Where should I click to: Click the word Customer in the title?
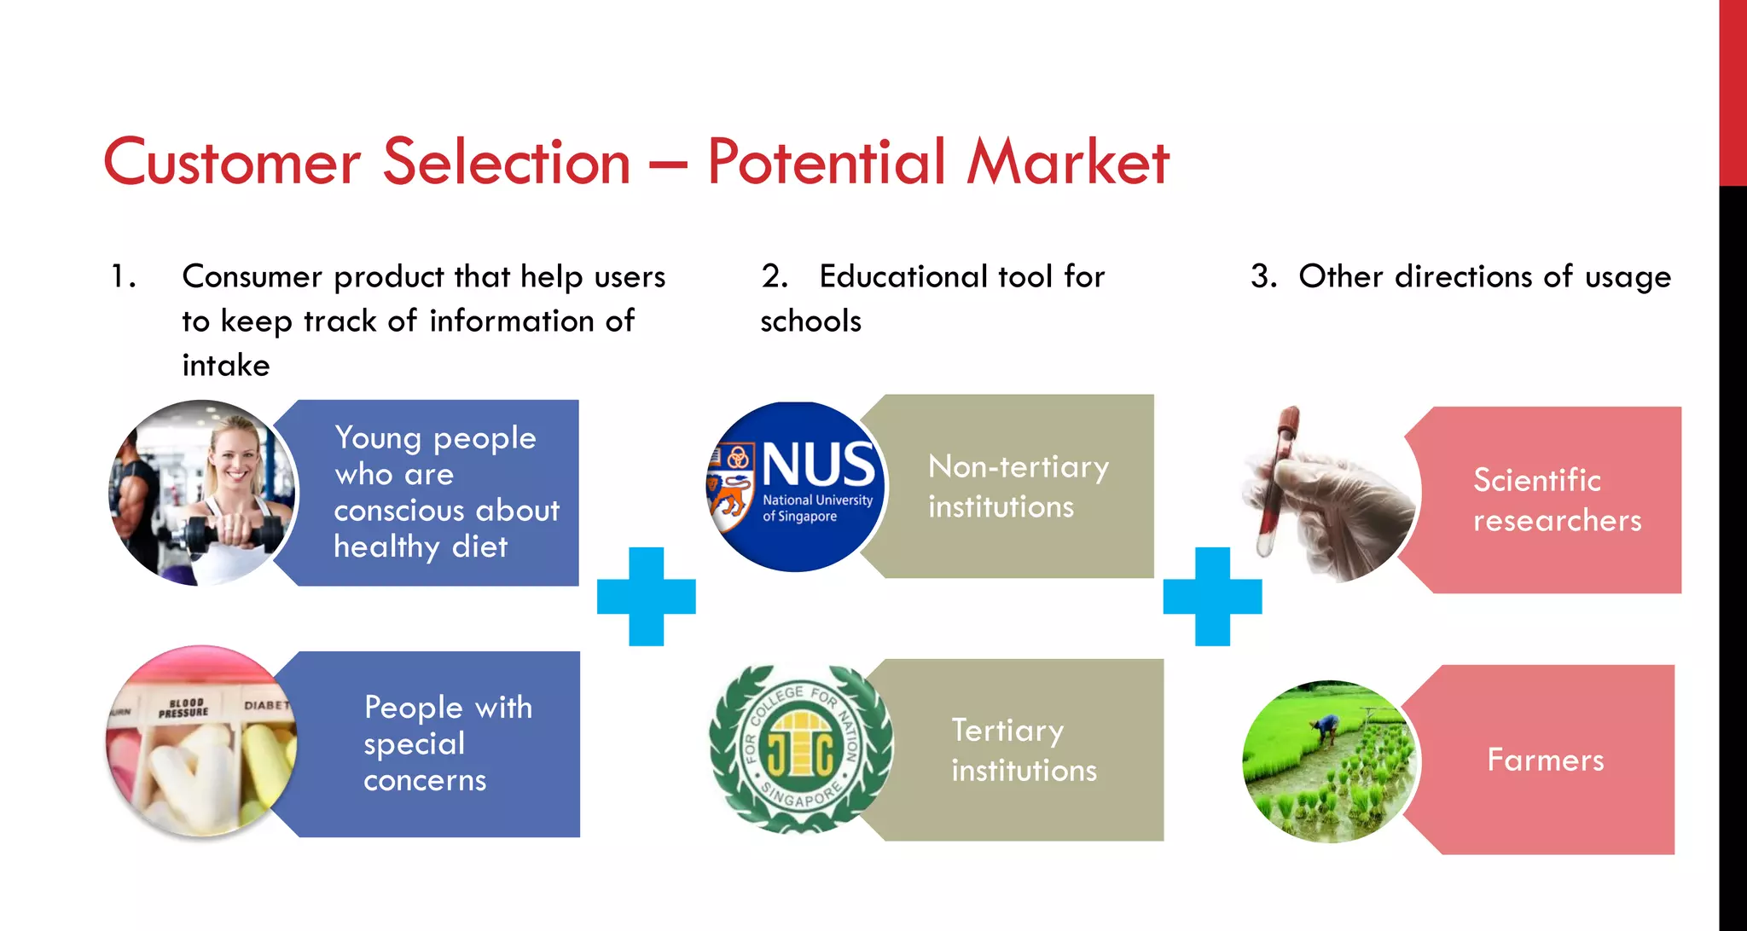pyautogui.click(x=231, y=162)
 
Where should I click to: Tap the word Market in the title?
pyautogui.click(x=1067, y=162)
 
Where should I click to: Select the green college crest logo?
pyautogui.click(x=800, y=749)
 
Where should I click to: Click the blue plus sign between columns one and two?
pyautogui.click(x=647, y=596)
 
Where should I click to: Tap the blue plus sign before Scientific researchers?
pyautogui.click(x=1212, y=596)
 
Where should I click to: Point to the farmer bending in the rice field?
pyautogui.click(x=1325, y=729)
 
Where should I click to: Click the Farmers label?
pyautogui.click(x=1545, y=760)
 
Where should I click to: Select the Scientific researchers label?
pyautogui.click(x=1557, y=500)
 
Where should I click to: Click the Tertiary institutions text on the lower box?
pyautogui.click(x=1024, y=750)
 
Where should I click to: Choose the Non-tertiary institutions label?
pyautogui.click(x=1018, y=487)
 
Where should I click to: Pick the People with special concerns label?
pyautogui.click(x=447, y=743)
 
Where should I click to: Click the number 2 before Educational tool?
pyautogui.click(x=773, y=277)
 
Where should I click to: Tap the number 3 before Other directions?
pyautogui.click(x=1262, y=277)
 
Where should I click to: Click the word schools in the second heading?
pyautogui.click(x=810, y=321)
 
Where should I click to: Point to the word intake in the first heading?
pyautogui.click(x=226, y=366)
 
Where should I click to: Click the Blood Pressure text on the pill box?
pyautogui.click(x=183, y=708)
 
